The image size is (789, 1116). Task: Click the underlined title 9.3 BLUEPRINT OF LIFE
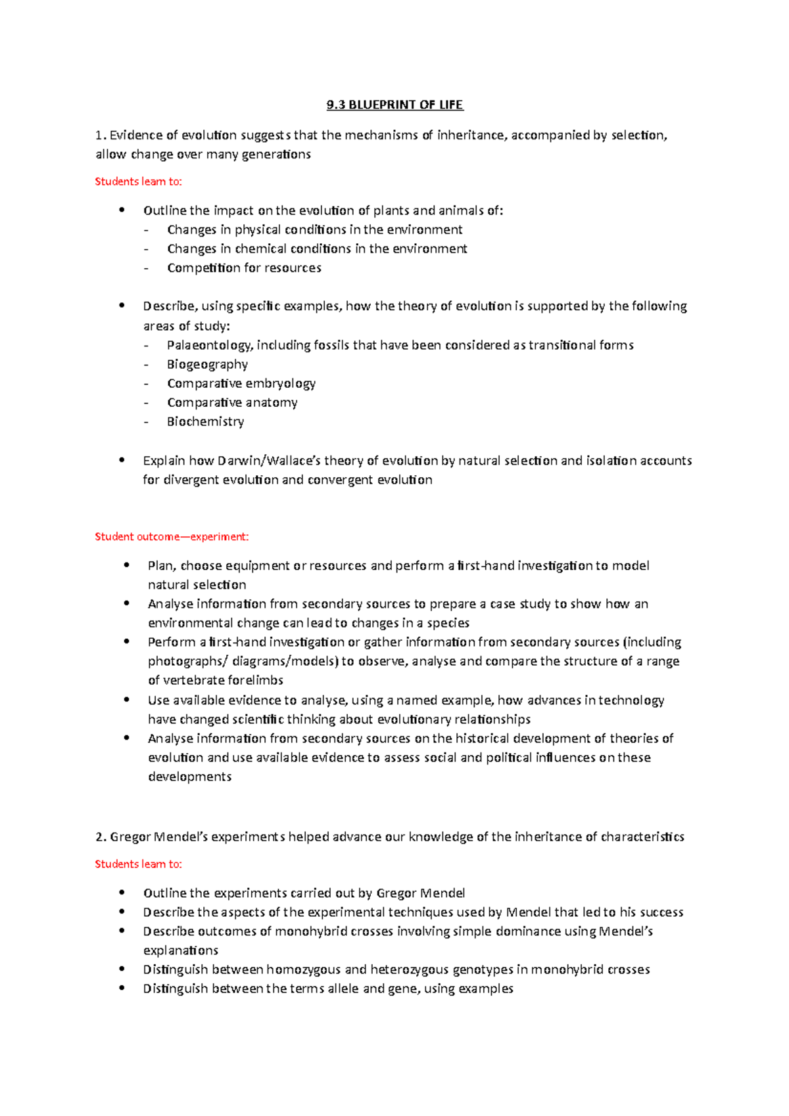[394, 105]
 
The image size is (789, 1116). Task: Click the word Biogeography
[207, 364]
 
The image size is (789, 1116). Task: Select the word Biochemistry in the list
[205, 421]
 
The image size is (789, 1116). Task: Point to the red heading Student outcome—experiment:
[172, 536]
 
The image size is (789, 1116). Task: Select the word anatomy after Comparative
[271, 402]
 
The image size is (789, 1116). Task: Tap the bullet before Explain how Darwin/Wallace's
[122, 460]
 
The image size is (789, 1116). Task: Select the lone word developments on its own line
[189, 777]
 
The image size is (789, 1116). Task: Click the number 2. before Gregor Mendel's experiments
[101, 837]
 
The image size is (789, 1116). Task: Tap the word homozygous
[303, 969]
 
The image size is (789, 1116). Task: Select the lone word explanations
[181, 950]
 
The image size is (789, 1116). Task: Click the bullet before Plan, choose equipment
[126, 565]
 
